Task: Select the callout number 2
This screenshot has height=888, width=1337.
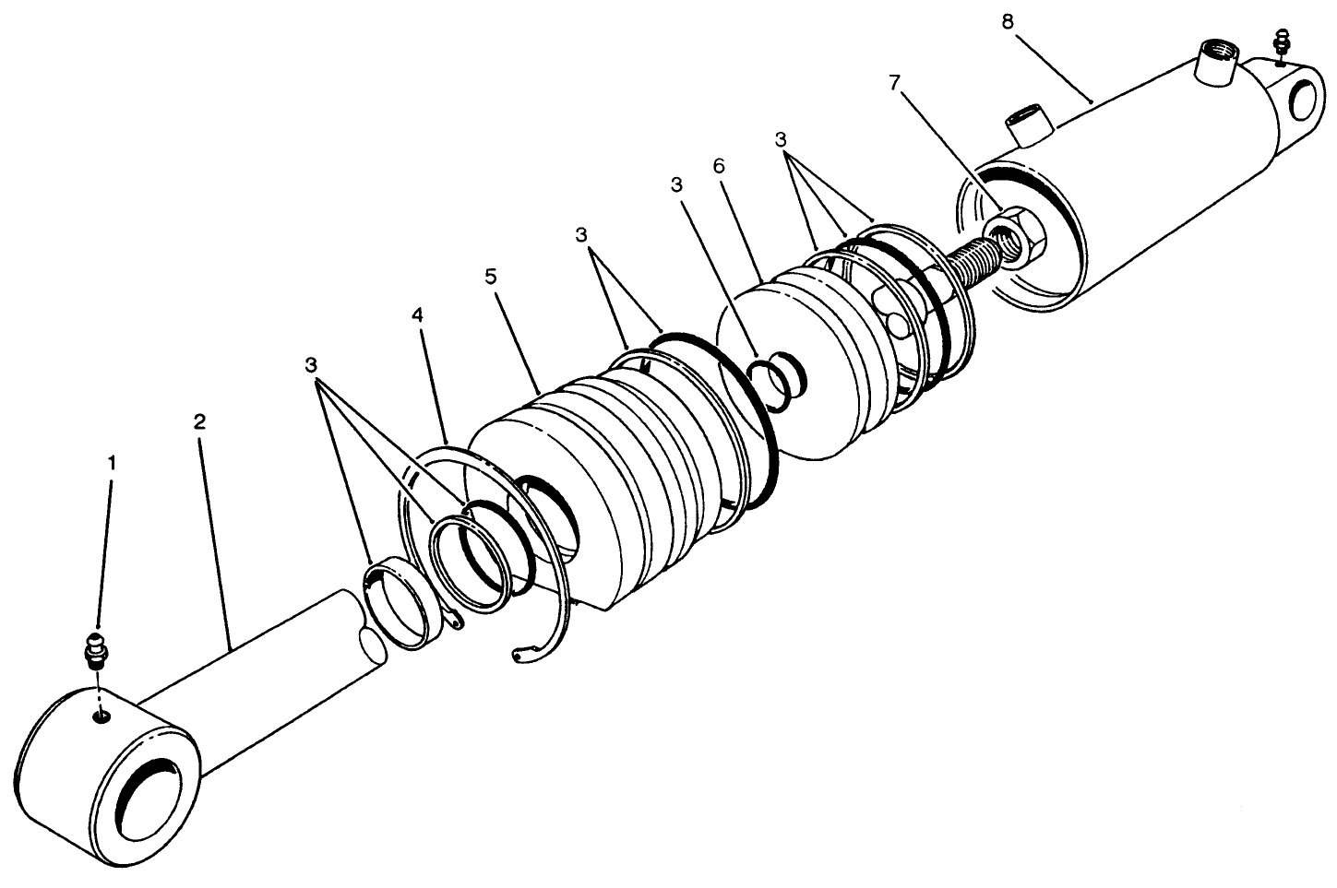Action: [199, 422]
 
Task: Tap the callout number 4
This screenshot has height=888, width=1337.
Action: [418, 315]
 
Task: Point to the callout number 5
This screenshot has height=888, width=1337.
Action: [491, 276]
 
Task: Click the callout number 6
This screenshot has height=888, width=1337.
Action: [719, 166]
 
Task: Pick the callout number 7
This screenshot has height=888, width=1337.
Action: [892, 82]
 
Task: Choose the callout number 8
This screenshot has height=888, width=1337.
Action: [1008, 20]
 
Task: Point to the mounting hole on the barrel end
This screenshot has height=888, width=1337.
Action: [1301, 99]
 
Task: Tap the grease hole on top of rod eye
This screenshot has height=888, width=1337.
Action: [102, 716]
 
